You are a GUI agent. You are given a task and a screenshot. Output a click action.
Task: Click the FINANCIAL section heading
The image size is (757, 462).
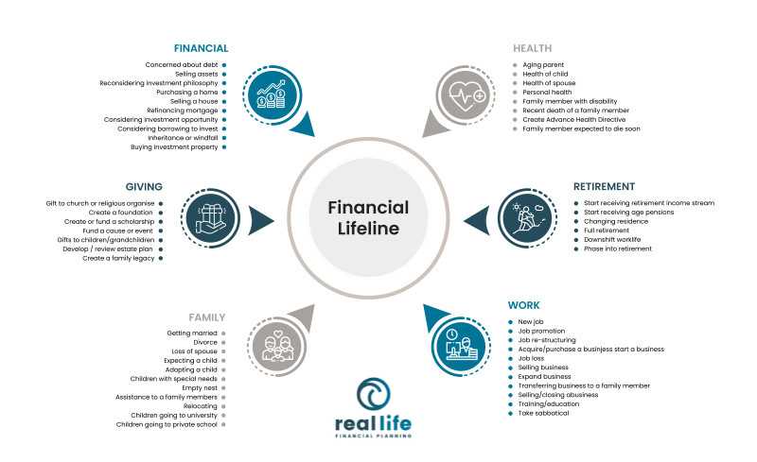[x=201, y=48]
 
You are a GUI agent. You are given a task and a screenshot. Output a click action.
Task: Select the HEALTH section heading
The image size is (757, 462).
[x=533, y=48]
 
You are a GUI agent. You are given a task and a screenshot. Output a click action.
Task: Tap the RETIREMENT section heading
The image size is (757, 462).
[x=604, y=186]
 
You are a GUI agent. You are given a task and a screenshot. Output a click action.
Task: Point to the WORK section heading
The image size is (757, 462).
[x=523, y=305]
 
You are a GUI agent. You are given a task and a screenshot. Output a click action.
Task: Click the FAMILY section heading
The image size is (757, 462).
[x=208, y=317]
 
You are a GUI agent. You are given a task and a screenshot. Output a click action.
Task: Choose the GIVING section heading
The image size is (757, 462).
[x=144, y=186]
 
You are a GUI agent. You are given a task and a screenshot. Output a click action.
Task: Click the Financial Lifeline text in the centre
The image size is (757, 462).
[x=368, y=217]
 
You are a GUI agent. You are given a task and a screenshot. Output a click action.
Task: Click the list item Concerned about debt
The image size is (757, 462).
[x=183, y=64]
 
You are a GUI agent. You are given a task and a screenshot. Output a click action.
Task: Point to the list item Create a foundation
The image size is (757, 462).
[x=126, y=213]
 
